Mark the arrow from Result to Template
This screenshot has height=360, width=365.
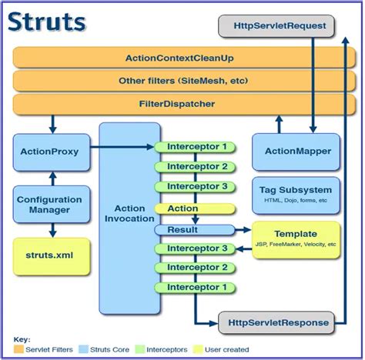coord(245,230)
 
